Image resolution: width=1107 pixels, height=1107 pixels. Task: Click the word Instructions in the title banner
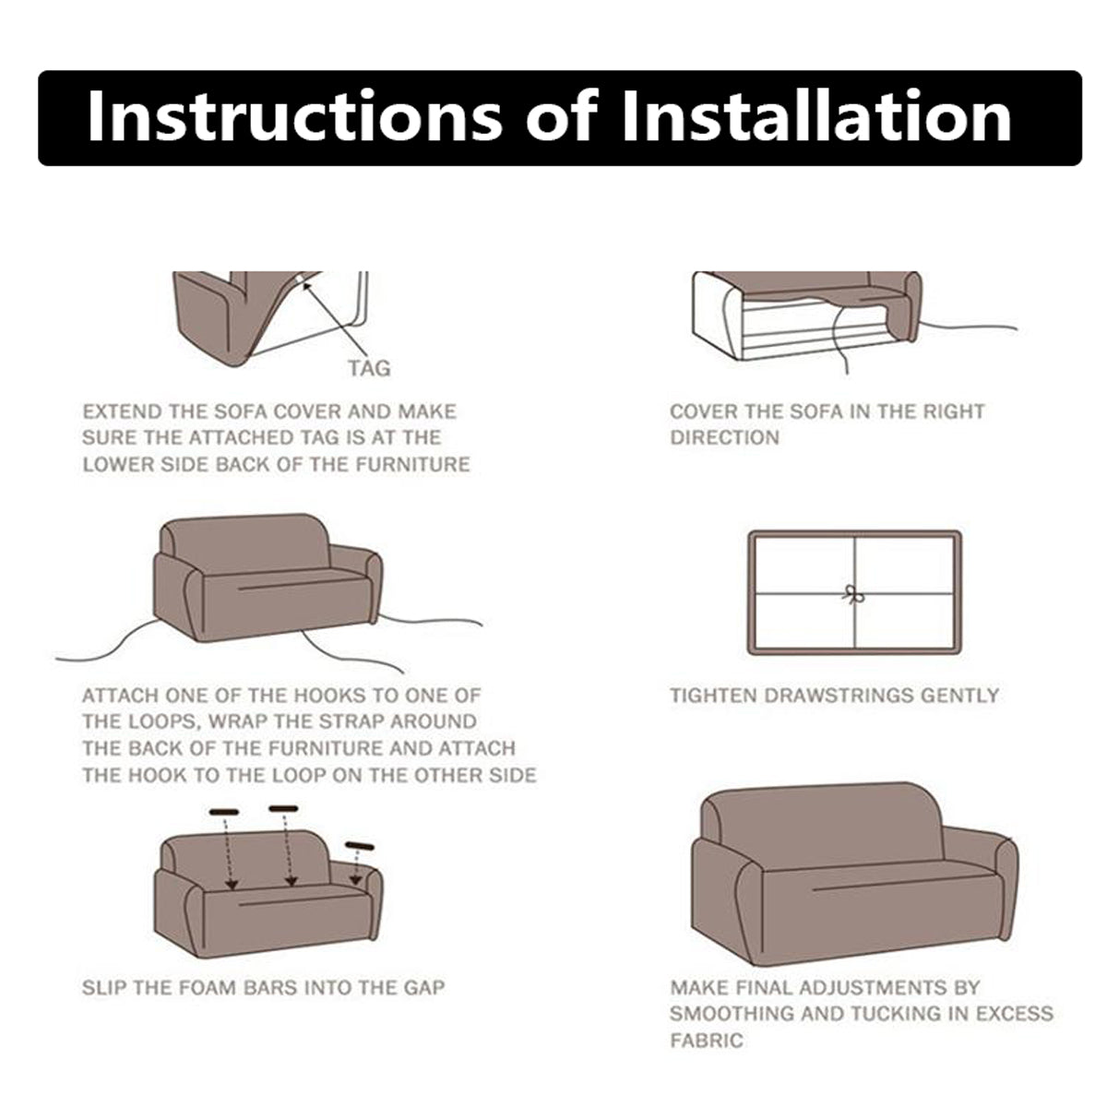(x=294, y=115)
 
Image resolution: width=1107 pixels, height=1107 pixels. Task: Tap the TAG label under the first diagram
(x=369, y=368)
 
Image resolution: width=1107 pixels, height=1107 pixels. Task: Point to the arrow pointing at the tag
(x=334, y=319)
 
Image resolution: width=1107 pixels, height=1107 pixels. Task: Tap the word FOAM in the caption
(x=208, y=987)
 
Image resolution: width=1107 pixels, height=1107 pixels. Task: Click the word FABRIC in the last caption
(x=707, y=1040)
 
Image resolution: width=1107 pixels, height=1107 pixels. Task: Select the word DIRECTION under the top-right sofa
(x=725, y=438)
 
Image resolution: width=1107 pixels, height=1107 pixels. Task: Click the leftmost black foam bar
(x=224, y=813)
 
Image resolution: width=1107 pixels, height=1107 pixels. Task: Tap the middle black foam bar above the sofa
(x=284, y=809)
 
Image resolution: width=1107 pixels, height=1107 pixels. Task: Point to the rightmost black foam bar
(x=360, y=846)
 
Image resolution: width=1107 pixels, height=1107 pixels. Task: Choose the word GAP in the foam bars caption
(x=424, y=987)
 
